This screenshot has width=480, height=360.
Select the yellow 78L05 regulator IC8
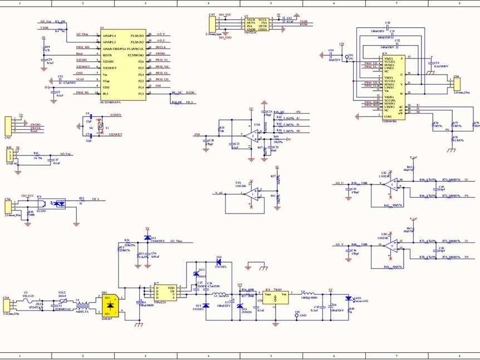tap(276, 298)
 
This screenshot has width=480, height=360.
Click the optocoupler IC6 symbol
tap(57, 203)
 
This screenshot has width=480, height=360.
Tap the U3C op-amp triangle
tap(393, 184)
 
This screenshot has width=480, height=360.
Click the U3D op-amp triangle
tap(393, 245)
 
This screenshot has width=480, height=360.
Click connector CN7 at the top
tap(212, 24)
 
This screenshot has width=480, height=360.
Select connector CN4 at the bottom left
tap(7, 305)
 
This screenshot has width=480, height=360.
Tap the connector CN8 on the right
tap(457, 85)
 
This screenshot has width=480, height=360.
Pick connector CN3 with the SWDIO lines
tap(8, 125)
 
